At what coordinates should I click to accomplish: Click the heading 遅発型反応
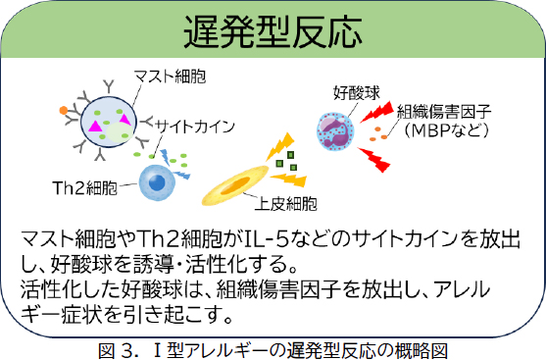[x=273, y=32]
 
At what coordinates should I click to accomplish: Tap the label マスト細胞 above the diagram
[x=170, y=77]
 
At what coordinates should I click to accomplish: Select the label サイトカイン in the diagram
[x=195, y=127]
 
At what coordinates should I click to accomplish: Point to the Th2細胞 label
[x=85, y=188]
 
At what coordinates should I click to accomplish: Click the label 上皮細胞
[x=286, y=203]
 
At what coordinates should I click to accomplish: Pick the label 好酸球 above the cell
[x=357, y=93]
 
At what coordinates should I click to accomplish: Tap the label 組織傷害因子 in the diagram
[x=444, y=112]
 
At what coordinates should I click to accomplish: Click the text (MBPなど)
[x=447, y=130]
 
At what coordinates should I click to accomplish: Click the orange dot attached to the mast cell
[x=64, y=111]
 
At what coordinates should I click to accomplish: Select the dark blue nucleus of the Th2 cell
[x=157, y=182]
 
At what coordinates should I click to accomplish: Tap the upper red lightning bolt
[x=376, y=112]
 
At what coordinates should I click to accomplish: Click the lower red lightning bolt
[x=374, y=160]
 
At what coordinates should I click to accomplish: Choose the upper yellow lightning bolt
[x=280, y=146]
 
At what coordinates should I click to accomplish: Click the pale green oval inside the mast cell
[x=120, y=132]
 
